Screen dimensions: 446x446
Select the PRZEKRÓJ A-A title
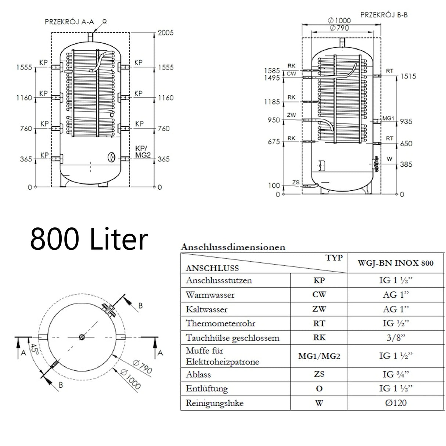click(69, 22)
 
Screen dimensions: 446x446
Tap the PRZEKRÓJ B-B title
click(384, 15)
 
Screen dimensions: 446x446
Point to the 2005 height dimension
click(165, 33)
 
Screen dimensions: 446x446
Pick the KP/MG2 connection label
click(143, 152)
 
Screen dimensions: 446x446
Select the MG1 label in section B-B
click(388, 119)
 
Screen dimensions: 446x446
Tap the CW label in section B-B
click(291, 74)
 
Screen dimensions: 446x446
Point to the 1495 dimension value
click(272, 78)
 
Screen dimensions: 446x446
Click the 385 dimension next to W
click(406, 165)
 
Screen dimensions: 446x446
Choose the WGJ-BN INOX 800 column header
click(395, 263)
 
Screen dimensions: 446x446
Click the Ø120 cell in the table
click(395, 403)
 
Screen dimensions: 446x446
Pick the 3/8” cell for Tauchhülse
click(395, 338)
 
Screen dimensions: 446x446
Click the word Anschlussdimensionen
click(233, 247)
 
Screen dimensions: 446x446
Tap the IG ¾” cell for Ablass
click(395, 374)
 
